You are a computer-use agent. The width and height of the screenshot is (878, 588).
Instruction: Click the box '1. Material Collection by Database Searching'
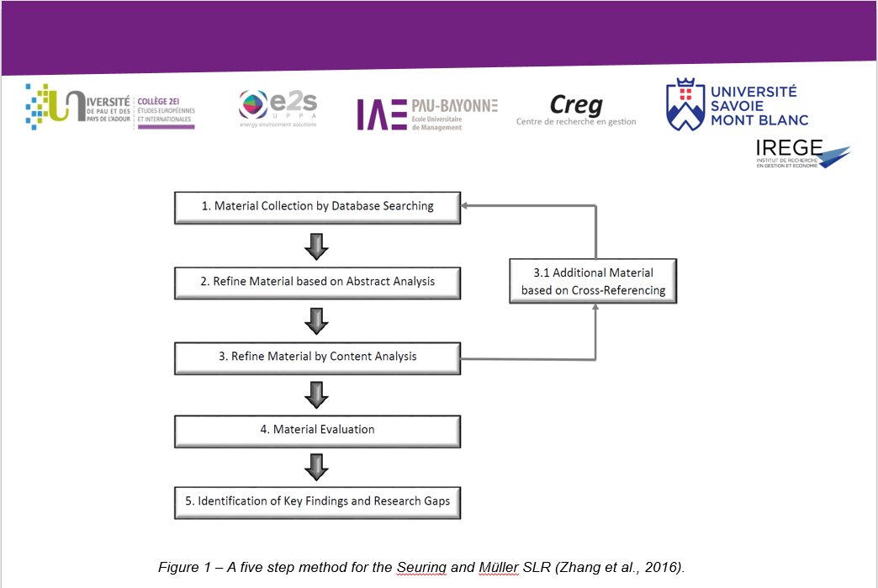tap(318, 208)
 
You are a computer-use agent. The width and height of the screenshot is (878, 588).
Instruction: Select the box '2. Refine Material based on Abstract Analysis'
tap(318, 283)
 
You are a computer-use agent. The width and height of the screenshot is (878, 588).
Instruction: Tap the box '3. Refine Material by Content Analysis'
tap(318, 358)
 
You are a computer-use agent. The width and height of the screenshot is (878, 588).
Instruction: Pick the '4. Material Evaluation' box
tap(318, 432)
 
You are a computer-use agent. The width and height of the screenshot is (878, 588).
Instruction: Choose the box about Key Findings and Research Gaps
tap(318, 503)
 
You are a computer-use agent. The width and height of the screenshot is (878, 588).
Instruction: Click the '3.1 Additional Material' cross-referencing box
tap(593, 281)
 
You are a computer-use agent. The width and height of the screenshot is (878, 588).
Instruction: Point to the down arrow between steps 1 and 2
tap(316, 246)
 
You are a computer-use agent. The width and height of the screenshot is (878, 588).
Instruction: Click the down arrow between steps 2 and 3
tap(316, 320)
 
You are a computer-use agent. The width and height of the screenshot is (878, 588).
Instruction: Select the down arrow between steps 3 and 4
tap(316, 395)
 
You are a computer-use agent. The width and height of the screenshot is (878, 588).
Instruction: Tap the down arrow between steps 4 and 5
tap(316, 467)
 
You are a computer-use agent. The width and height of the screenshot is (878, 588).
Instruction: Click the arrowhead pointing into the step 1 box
tap(464, 205)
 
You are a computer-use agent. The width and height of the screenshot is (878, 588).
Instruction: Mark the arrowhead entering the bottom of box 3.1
tap(595, 307)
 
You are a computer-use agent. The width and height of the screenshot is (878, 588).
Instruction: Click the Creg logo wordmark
tap(576, 104)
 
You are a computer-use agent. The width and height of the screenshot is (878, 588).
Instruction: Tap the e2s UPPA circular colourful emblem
tap(253, 104)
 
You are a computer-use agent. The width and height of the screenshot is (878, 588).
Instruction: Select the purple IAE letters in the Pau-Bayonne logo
tap(382, 114)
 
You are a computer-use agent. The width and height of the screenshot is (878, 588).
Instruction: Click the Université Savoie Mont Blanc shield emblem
tap(685, 104)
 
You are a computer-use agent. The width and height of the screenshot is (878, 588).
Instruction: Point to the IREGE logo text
tap(789, 148)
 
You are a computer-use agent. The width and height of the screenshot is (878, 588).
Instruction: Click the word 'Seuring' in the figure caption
tap(421, 567)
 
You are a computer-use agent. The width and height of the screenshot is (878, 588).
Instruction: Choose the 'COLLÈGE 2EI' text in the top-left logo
tap(158, 101)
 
